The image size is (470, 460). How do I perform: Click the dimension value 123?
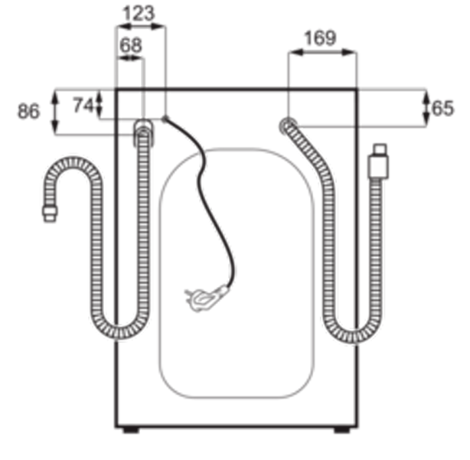[x=139, y=14]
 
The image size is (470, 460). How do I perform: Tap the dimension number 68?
[x=131, y=46]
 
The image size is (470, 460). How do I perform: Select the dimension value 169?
[x=321, y=39]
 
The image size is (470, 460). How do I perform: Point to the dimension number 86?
[x=28, y=111]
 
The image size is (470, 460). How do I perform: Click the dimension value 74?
[x=83, y=106]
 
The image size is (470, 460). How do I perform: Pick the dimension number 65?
[x=442, y=108]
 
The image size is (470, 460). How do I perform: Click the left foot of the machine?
[x=132, y=430]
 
